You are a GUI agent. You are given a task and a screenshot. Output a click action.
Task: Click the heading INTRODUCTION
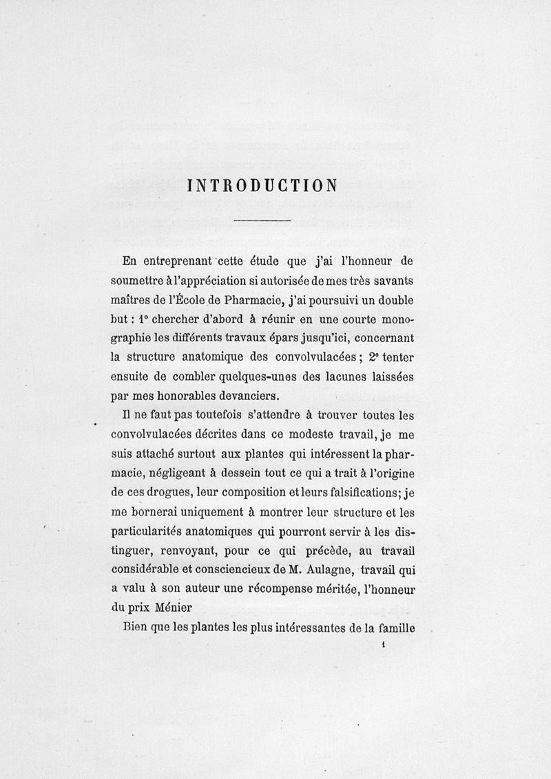point(262,186)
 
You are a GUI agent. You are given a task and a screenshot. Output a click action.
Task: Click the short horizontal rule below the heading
point(262,220)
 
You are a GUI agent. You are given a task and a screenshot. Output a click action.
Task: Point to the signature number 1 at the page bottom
point(381,644)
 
